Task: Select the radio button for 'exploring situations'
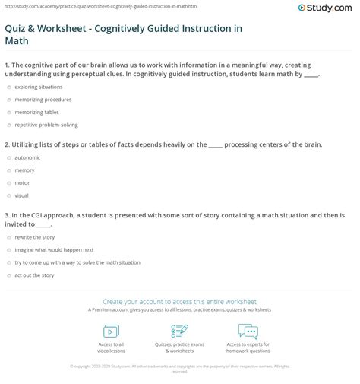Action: point(8,88)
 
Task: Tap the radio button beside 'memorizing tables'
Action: point(8,113)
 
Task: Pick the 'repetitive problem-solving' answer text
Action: point(46,125)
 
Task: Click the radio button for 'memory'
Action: point(8,170)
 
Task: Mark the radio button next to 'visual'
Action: point(8,195)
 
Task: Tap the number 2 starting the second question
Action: point(6,144)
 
